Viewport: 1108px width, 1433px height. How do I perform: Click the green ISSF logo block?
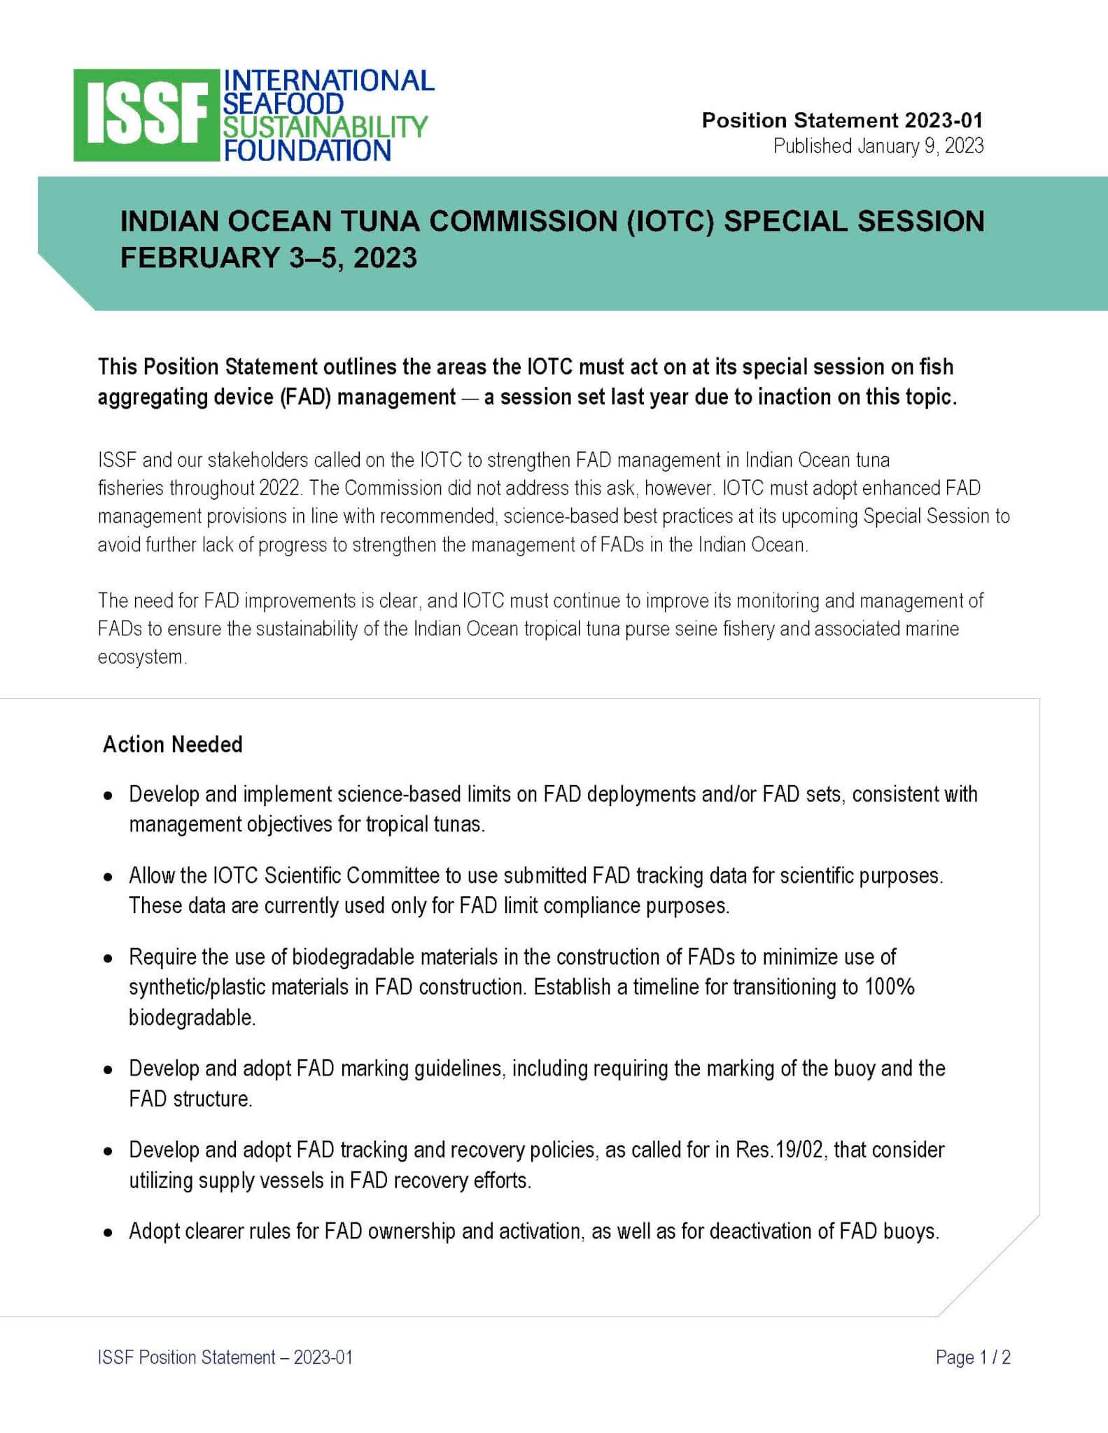tap(146, 115)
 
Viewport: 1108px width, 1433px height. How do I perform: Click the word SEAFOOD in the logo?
tap(283, 104)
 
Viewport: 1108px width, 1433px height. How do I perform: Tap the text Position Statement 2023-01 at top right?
tap(842, 120)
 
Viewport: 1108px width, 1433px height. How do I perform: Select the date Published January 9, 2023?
tap(878, 146)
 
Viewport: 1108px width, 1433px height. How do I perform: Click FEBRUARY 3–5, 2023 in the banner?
tap(269, 257)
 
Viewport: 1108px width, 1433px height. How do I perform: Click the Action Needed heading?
tap(173, 744)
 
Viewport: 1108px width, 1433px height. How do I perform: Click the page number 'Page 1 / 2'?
tap(973, 1357)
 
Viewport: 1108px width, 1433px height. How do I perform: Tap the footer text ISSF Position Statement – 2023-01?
tap(225, 1357)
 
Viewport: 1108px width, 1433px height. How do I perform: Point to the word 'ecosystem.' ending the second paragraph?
tap(143, 657)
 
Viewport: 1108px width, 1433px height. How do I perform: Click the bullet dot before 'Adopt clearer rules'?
tap(108, 1232)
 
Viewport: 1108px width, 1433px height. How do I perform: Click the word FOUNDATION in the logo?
tap(307, 150)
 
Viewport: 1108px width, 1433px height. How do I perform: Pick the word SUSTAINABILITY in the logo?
tap(325, 127)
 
